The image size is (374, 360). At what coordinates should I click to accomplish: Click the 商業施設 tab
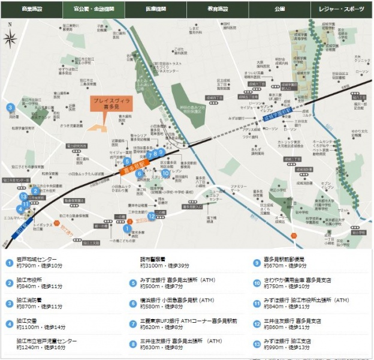tap(31, 9)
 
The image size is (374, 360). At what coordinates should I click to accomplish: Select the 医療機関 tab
tap(155, 9)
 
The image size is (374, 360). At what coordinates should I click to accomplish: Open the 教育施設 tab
tap(218, 9)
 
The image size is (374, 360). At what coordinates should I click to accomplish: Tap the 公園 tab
tap(280, 9)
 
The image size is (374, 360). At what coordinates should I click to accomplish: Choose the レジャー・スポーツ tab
tap(342, 9)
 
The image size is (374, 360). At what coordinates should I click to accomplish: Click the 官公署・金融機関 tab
tap(93, 9)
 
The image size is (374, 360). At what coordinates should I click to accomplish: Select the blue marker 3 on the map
tap(10, 107)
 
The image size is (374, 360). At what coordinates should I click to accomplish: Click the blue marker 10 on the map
tap(165, 173)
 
